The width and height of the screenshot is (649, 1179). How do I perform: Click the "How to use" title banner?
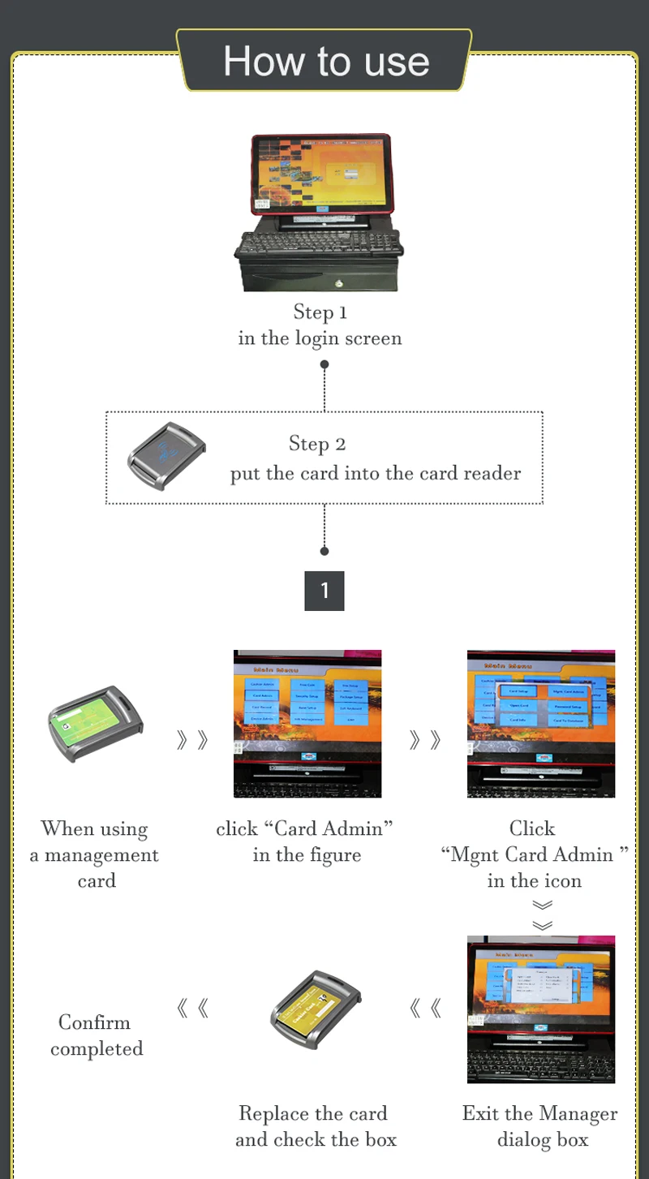click(x=325, y=62)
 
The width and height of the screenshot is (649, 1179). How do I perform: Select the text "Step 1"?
click(x=320, y=312)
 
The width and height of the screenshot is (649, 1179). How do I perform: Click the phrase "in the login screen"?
click(x=320, y=338)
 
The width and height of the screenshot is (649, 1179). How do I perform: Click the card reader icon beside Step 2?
click(x=167, y=455)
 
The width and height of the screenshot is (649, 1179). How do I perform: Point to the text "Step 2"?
click(x=317, y=444)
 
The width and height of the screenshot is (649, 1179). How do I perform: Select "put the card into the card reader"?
click(x=375, y=473)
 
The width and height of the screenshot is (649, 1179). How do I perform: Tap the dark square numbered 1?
click(x=324, y=591)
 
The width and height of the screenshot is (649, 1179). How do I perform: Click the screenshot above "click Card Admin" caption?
click(x=307, y=723)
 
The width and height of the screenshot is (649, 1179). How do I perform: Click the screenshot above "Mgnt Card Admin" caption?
click(x=541, y=723)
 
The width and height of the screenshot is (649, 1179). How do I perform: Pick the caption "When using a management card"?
click(x=95, y=854)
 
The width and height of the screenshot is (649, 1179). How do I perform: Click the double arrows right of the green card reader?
click(x=192, y=739)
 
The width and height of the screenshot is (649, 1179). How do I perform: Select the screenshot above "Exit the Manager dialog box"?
click(x=541, y=1009)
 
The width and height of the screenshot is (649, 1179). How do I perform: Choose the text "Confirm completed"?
click(x=96, y=1035)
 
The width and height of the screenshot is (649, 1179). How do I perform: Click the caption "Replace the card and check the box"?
click(x=315, y=1126)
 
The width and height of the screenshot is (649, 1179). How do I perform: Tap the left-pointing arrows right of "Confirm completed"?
click(x=192, y=1009)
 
